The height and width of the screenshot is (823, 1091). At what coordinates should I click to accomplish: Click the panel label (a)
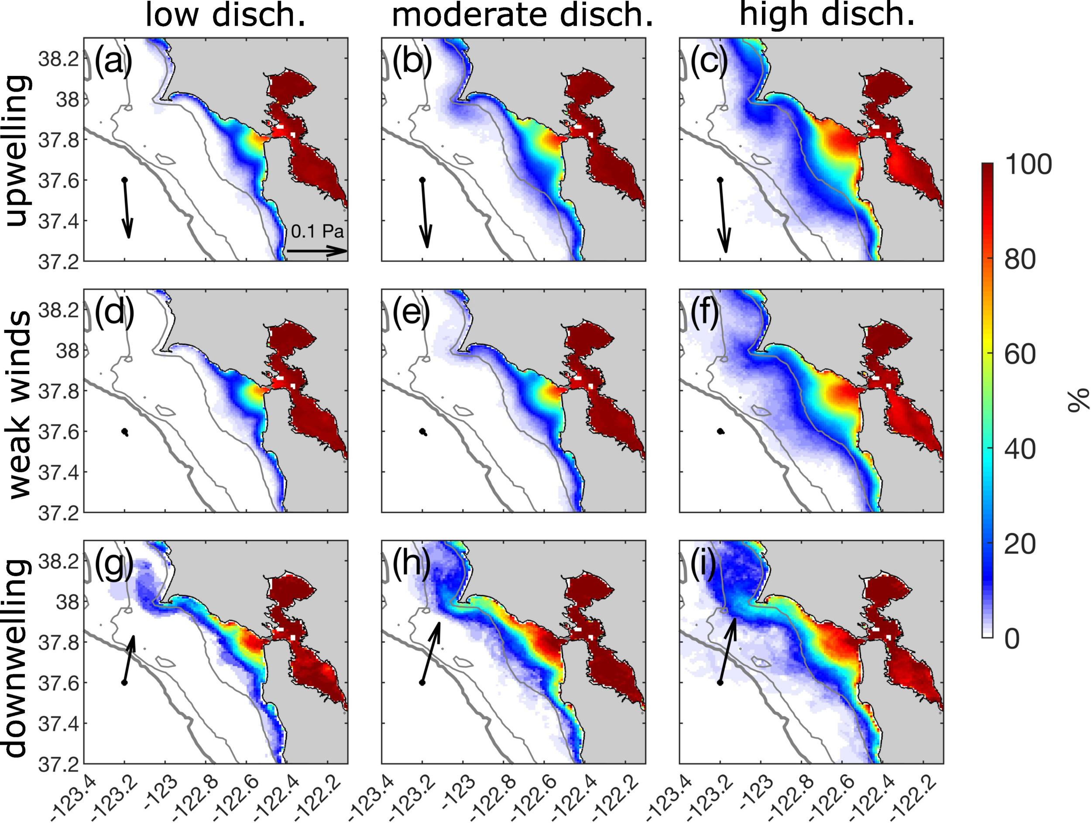(x=113, y=63)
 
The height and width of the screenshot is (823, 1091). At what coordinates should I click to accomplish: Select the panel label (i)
(x=703, y=566)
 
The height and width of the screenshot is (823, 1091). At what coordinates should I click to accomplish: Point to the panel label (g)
(x=113, y=566)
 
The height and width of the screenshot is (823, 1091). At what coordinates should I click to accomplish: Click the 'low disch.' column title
(x=226, y=16)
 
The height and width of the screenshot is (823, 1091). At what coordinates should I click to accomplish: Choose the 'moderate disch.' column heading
(x=522, y=16)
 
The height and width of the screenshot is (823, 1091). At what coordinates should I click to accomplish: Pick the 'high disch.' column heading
(x=827, y=15)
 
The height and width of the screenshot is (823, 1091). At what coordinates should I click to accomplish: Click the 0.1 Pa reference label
(x=317, y=231)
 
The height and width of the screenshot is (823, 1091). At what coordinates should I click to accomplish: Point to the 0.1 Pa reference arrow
(x=317, y=250)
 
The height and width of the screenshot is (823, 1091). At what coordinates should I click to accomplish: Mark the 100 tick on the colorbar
(x=1028, y=164)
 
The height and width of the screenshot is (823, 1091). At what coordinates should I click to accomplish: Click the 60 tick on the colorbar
(x=1019, y=354)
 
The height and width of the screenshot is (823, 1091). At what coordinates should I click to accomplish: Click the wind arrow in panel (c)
(x=723, y=216)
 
